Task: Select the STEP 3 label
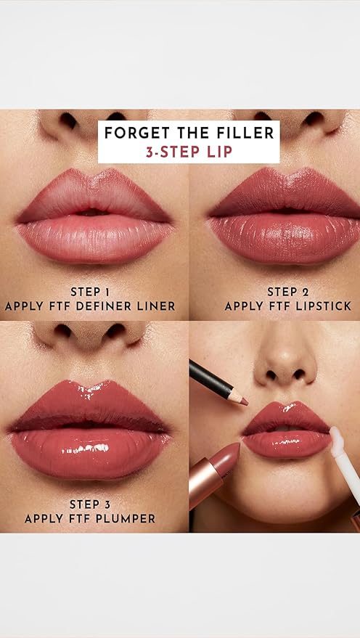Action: click(x=90, y=504)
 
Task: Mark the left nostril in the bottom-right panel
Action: click(x=272, y=375)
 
